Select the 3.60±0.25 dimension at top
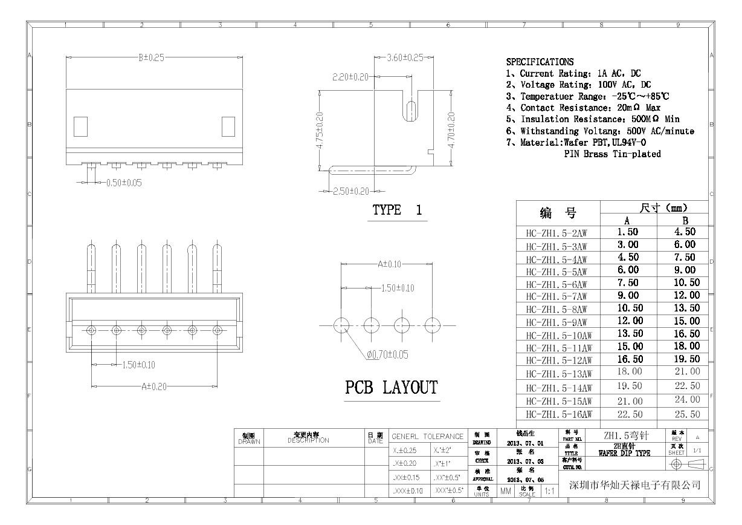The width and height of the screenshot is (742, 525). click(405, 58)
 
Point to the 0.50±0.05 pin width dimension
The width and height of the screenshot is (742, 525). click(123, 183)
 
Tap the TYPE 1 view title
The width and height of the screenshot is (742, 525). click(397, 210)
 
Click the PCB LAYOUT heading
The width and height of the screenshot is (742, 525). click(391, 388)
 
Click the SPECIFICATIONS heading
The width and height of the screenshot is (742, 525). click(540, 62)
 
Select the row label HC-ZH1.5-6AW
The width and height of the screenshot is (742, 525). click(556, 284)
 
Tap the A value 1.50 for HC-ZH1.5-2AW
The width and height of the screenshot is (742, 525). click(627, 232)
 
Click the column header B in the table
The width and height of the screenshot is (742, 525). click(685, 221)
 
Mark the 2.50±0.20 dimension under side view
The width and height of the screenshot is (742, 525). click(350, 192)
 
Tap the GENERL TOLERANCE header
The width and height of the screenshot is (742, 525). click(427, 436)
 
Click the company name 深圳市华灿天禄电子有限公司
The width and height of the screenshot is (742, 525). click(635, 485)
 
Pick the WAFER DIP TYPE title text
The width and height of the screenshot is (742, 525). click(624, 453)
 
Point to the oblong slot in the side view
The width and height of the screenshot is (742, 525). click(411, 112)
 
